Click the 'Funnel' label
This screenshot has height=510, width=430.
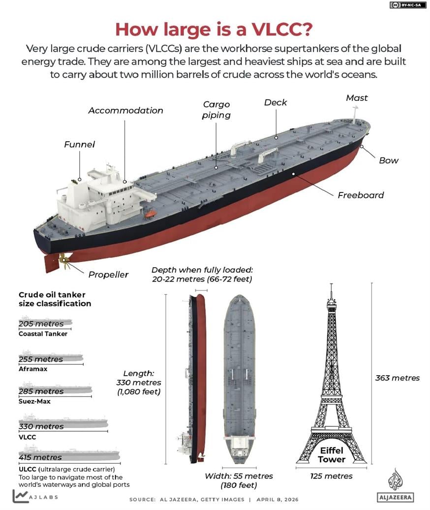click(x=79, y=145)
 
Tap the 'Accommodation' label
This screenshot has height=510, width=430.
click(x=125, y=110)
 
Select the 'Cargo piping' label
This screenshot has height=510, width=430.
click(x=216, y=110)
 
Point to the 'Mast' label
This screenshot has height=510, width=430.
click(x=357, y=98)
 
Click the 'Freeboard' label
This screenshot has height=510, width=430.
click(x=361, y=195)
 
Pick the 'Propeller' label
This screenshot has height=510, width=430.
click(x=108, y=275)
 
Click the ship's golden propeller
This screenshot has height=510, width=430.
click(x=62, y=257)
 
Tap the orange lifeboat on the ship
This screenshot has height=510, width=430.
click(x=151, y=214)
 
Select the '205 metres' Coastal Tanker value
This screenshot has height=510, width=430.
click(x=41, y=324)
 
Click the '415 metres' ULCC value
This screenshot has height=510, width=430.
click(x=40, y=457)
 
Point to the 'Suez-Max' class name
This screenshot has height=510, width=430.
click(x=34, y=401)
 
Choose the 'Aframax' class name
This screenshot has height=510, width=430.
click(x=33, y=369)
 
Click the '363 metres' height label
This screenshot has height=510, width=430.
click(x=398, y=378)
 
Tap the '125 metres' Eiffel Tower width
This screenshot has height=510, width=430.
click(x=331, y=476)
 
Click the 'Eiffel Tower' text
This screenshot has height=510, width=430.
click(x=331, y=455)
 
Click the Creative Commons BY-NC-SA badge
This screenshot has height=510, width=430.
click(x=407, y=5)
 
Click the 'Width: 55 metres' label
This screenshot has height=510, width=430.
click(x=239, y=476)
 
